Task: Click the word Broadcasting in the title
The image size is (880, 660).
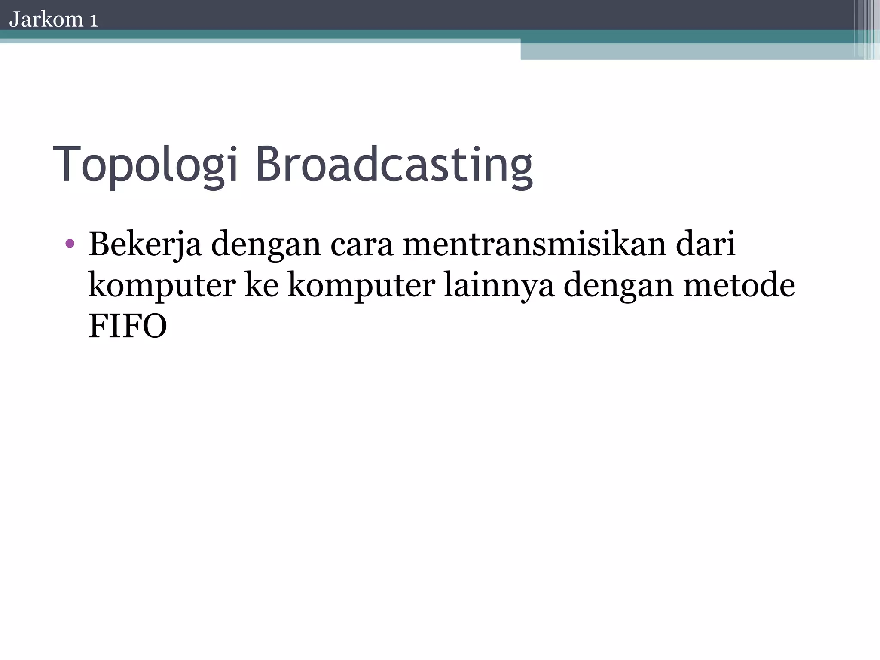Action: click(x=394, y=166)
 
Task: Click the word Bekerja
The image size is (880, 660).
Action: click(x=145, y=244)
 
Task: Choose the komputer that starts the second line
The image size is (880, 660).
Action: click(x=162, y=286)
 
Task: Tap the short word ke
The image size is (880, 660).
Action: click(x=262, y=285)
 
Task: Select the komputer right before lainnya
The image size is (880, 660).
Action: click(x=361, y=286)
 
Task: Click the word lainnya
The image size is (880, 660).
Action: click(x=499, y=286)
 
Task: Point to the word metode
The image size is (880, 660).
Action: click(x=739, y=285)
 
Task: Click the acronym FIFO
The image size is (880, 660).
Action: click(x=128, y=326)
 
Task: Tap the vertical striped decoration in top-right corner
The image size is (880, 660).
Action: click(x=866, y=29)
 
